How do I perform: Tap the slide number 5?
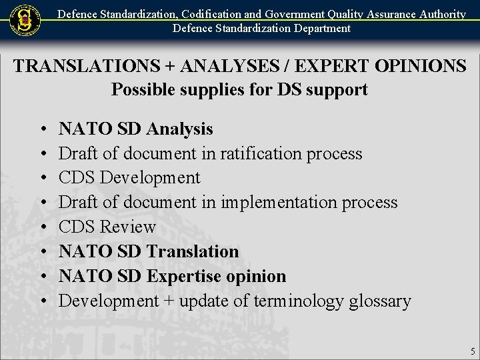tap(473, 351)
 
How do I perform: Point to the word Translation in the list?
tap(192, 251)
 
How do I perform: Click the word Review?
tap(127, 227)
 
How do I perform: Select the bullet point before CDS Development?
tap(43, 179)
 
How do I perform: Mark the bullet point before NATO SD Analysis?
tap(43, 129)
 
